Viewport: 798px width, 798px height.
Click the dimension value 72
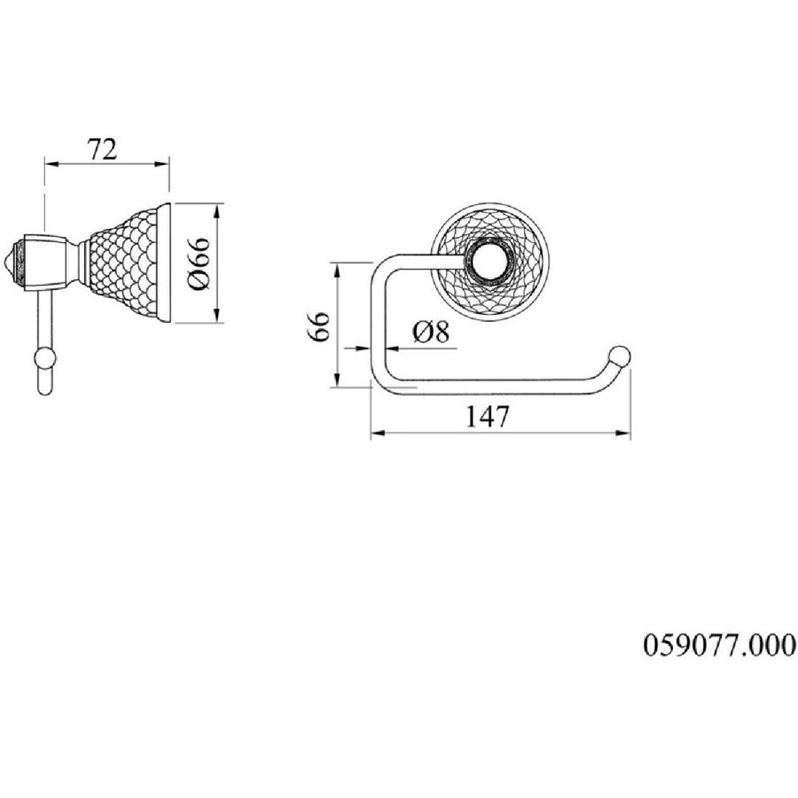102,149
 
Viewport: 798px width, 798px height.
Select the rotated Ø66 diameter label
199,263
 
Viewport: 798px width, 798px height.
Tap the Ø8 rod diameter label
431,332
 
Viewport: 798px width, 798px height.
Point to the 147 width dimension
487,417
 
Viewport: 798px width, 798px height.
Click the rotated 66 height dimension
319,326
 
